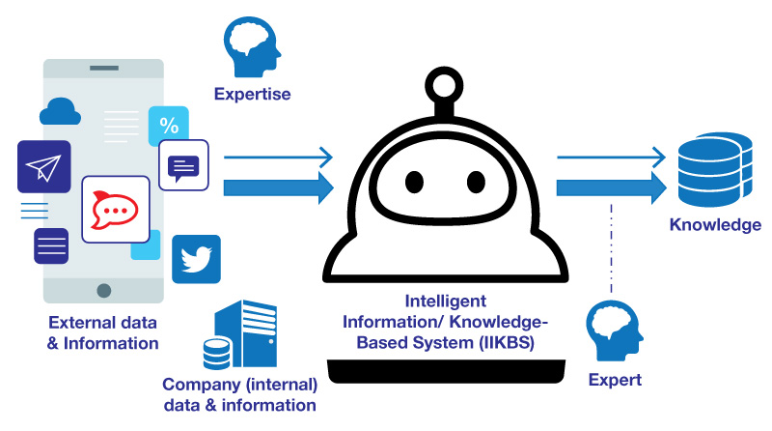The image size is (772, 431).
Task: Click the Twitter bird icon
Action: coord(196,259)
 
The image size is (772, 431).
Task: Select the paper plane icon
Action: coord(44,166)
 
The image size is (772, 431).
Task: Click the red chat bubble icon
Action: coord(116,209)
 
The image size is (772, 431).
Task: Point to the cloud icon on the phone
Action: coord(58,114)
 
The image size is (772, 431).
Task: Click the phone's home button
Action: coord(103,291)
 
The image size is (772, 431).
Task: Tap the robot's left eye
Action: coord(415,183)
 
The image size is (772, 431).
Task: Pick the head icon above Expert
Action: coord(614,332)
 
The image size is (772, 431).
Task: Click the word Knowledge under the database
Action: coord(715,225)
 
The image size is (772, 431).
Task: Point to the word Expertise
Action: coord(252,95)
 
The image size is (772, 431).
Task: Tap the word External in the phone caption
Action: coord(76,322)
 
